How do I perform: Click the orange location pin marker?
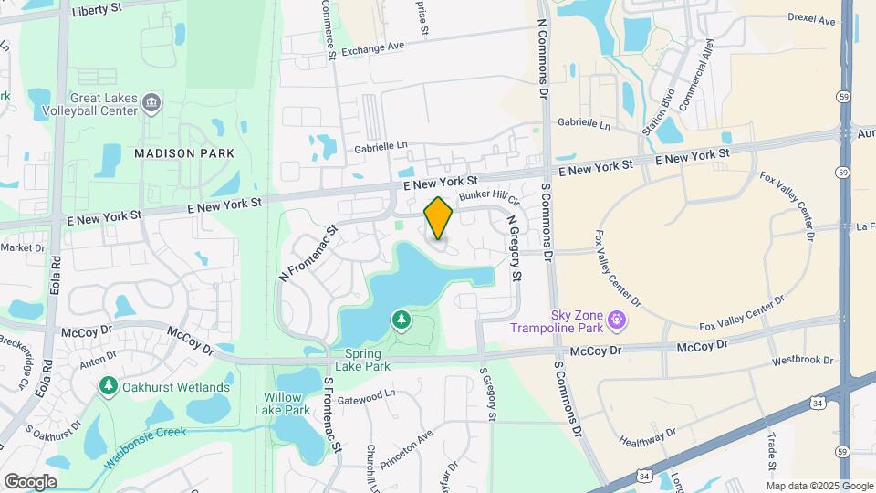tap(439, 219)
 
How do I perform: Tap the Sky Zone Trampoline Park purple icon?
tap(618, 319)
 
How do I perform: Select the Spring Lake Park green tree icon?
tap(401, 320)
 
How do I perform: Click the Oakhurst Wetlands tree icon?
tap(109, 387)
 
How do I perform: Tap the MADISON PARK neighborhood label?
tap(184, 153)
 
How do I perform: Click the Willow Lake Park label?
tap(287, 404)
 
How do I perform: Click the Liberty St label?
tap(98, 7)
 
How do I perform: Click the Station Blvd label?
tap(658, 111)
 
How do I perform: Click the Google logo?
tap(30, 481)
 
